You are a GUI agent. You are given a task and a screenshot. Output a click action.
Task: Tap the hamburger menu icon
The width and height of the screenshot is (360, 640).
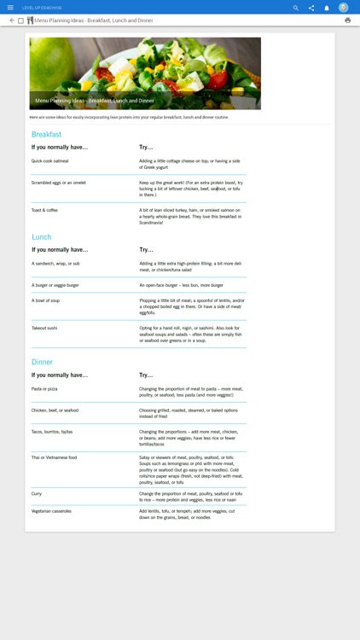[10, 8]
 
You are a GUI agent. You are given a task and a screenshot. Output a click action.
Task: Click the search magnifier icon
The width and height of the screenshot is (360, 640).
[296, 8]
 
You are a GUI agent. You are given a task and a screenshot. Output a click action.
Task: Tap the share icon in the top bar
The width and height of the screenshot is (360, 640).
[311, 8]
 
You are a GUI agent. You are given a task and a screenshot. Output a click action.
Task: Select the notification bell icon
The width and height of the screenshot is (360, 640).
[326, 8]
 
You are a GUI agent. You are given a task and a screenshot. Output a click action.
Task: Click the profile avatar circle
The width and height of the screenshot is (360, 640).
[343, 8]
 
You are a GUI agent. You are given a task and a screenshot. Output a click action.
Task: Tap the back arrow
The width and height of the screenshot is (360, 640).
[12, 20]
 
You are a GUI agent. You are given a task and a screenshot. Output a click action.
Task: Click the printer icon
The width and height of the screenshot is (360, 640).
[347, 20]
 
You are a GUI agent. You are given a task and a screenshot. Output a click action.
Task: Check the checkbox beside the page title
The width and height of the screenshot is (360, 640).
[21, 20]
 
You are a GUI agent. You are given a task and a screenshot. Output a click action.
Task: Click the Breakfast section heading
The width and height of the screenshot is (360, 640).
[46, 135]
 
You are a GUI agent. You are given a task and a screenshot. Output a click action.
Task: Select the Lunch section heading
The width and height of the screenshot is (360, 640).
[42, 237]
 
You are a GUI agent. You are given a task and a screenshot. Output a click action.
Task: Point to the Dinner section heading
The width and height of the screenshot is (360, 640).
[42, 363]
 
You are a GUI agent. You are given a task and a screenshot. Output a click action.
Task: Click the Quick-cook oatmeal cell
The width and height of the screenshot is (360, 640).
[49, 160]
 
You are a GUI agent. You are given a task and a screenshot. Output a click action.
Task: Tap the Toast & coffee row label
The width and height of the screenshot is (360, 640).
[44, 210]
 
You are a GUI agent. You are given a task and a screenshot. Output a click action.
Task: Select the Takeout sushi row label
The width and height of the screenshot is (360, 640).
[44, 328]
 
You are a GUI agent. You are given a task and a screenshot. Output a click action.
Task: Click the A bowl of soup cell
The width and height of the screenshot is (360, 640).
[45, 300]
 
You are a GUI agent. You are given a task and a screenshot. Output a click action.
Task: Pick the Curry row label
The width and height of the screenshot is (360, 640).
[37, 493]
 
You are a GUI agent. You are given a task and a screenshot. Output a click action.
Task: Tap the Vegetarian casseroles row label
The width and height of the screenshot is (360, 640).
[51, 511]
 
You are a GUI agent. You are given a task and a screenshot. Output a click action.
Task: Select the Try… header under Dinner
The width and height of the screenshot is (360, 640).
[146, 375]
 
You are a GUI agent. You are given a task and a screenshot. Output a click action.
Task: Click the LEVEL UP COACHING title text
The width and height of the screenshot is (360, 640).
[42, 8]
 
